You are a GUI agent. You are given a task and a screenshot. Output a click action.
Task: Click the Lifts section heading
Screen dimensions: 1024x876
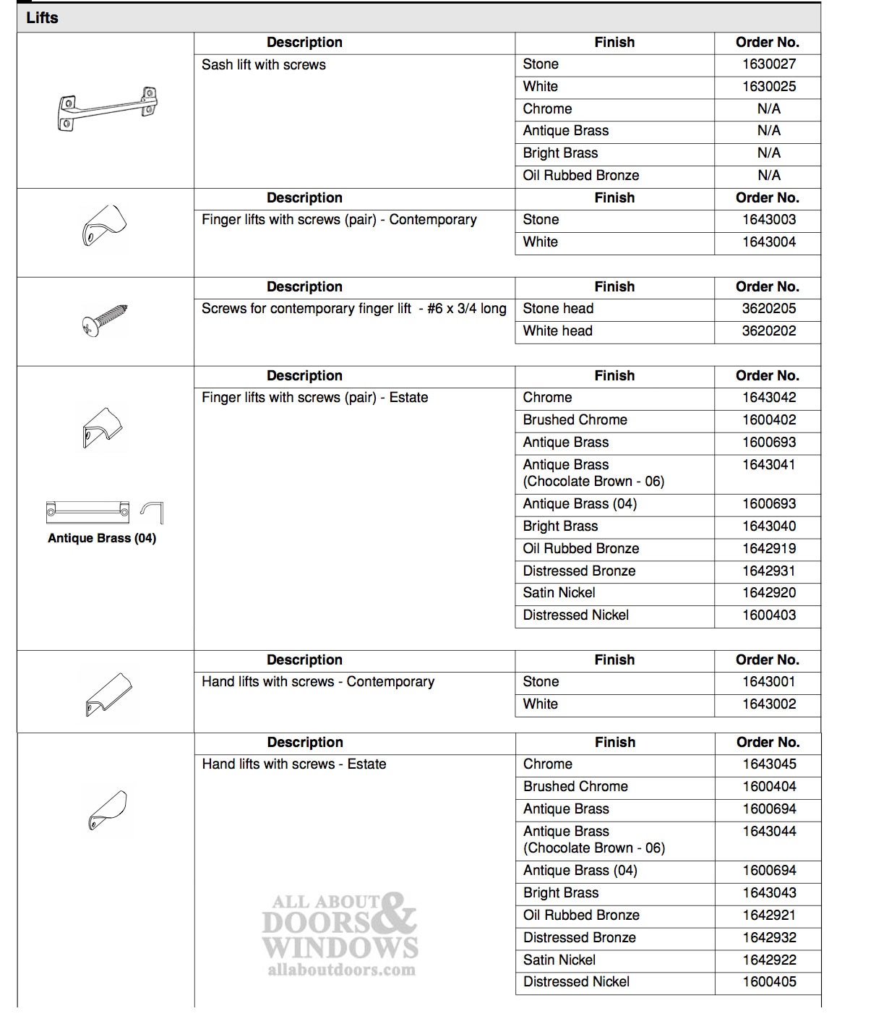click(42, 18)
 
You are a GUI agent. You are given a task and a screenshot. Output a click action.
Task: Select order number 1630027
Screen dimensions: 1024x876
click(768, 64)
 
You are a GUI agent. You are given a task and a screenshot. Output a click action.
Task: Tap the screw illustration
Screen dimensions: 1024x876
click(106, 320)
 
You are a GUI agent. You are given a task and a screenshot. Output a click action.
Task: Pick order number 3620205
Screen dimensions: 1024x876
click(768, 309)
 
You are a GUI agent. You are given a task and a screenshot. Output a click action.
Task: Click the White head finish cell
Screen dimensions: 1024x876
click(557, 331)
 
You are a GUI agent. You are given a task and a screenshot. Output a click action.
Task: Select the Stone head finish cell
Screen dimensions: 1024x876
click(558, 309)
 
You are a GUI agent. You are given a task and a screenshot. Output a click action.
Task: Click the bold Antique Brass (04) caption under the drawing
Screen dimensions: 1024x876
click(102, 538)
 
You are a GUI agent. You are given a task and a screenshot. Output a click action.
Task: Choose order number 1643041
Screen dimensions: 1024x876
click(768, 465)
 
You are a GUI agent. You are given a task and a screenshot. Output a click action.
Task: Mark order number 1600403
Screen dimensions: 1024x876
click(768, 615)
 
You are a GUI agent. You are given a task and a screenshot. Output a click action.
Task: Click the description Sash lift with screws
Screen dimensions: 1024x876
click(264, 65)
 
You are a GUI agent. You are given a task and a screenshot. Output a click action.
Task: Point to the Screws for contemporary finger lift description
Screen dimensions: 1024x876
click(353, 309)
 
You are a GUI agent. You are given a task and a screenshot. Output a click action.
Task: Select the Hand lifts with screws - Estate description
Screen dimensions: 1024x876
click(294, 764)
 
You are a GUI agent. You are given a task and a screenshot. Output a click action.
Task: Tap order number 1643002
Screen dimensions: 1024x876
click(768, 704)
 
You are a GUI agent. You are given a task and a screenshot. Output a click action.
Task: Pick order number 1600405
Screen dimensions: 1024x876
click(769, 982)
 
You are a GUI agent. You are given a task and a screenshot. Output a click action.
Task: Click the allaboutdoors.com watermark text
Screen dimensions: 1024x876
click(341, 970)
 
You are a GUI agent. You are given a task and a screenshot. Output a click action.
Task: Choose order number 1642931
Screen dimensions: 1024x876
click(768, 571)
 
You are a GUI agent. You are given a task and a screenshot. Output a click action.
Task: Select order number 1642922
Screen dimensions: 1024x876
click(769, 960)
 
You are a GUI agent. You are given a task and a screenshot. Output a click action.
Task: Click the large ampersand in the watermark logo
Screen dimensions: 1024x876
click(395, 913)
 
